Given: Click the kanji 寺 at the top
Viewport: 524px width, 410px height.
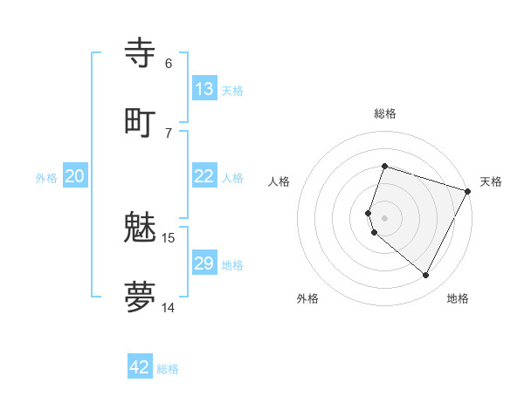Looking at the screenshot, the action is click(141, 53).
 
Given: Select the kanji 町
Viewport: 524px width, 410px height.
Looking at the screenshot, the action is click(141, 121).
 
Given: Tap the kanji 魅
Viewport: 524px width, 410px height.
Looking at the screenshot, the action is click(141, 228).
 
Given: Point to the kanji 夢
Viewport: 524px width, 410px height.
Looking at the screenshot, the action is click(141, 297).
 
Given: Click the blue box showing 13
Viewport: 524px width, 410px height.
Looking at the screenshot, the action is click(204, 89).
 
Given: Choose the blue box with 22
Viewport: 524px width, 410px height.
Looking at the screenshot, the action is click(204, 176).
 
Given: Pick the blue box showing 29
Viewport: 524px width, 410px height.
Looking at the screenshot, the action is click(204, 263).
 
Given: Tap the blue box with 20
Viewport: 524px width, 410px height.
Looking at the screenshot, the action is click(74, 176).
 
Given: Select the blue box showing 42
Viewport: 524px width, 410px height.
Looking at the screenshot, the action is click(140, 367).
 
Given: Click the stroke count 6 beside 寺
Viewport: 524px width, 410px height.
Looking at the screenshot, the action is click(169, 63).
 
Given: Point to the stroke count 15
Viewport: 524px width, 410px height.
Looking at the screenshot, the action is click(169, 237).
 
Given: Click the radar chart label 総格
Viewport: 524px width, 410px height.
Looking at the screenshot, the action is click(385, 113).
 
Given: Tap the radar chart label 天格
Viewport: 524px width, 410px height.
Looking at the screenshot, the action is click(491, 181).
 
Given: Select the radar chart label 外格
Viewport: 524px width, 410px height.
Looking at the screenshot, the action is click(307, 299).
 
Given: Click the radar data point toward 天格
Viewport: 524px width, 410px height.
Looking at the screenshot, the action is click(468, 191).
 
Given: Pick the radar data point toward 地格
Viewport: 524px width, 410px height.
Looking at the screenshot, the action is click(426, 276).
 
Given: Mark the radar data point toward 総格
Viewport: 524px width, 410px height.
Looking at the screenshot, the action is click(385, 166).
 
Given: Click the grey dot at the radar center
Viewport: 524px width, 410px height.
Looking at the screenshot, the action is click(385, 218).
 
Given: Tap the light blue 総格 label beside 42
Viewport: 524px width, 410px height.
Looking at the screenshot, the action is click(168, 369).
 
